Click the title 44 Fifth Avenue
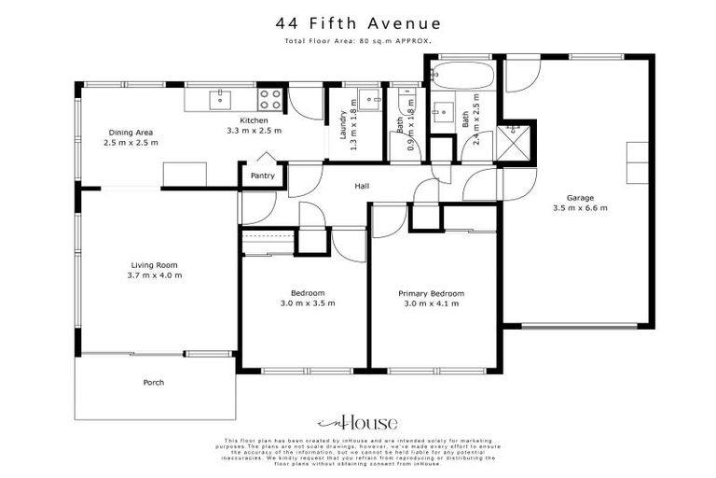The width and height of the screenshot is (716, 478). [x=357, y=22]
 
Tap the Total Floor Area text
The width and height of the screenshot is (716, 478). [x=357, y=42]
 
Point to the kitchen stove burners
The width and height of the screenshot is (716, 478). [x=270, y=98]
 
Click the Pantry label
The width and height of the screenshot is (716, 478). [x=263, y=175]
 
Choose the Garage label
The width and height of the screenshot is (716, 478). [x=580, y=197]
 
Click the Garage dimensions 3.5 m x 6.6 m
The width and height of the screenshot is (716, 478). [x=580, y=208]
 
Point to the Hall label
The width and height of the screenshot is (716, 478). [x=362, y=187]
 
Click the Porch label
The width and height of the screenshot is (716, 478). [x=154, y=383]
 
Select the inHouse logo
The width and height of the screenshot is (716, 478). [x=357, y=422]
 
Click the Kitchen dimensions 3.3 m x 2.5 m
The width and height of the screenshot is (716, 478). [x=254, y=131]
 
